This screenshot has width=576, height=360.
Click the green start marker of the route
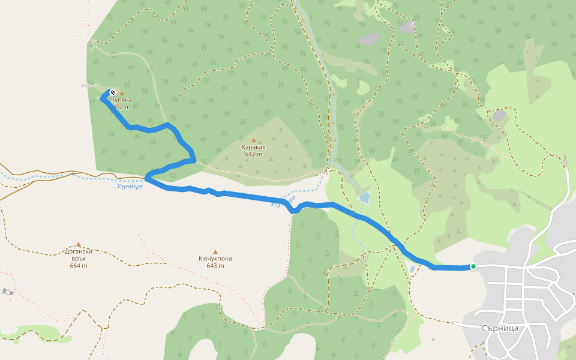[473, 266]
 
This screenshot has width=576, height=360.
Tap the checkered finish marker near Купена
[112, 92]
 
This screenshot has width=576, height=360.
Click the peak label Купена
[122, 100]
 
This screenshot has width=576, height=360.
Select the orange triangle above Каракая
[253, 140]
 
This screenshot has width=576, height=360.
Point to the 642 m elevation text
[254, 154]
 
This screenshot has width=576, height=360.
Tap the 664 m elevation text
[79, 266]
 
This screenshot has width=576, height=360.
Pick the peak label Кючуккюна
[215, 259]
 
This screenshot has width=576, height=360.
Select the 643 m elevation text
[215, 266]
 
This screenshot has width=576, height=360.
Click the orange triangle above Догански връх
[79, 245]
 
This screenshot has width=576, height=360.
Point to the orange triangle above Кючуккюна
[215, 252]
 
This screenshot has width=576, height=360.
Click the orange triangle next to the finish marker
[122, 94]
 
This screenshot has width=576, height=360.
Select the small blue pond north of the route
[364, 197]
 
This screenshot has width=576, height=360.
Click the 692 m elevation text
[122, 107]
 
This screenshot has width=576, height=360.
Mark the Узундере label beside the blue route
[283, 202]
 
